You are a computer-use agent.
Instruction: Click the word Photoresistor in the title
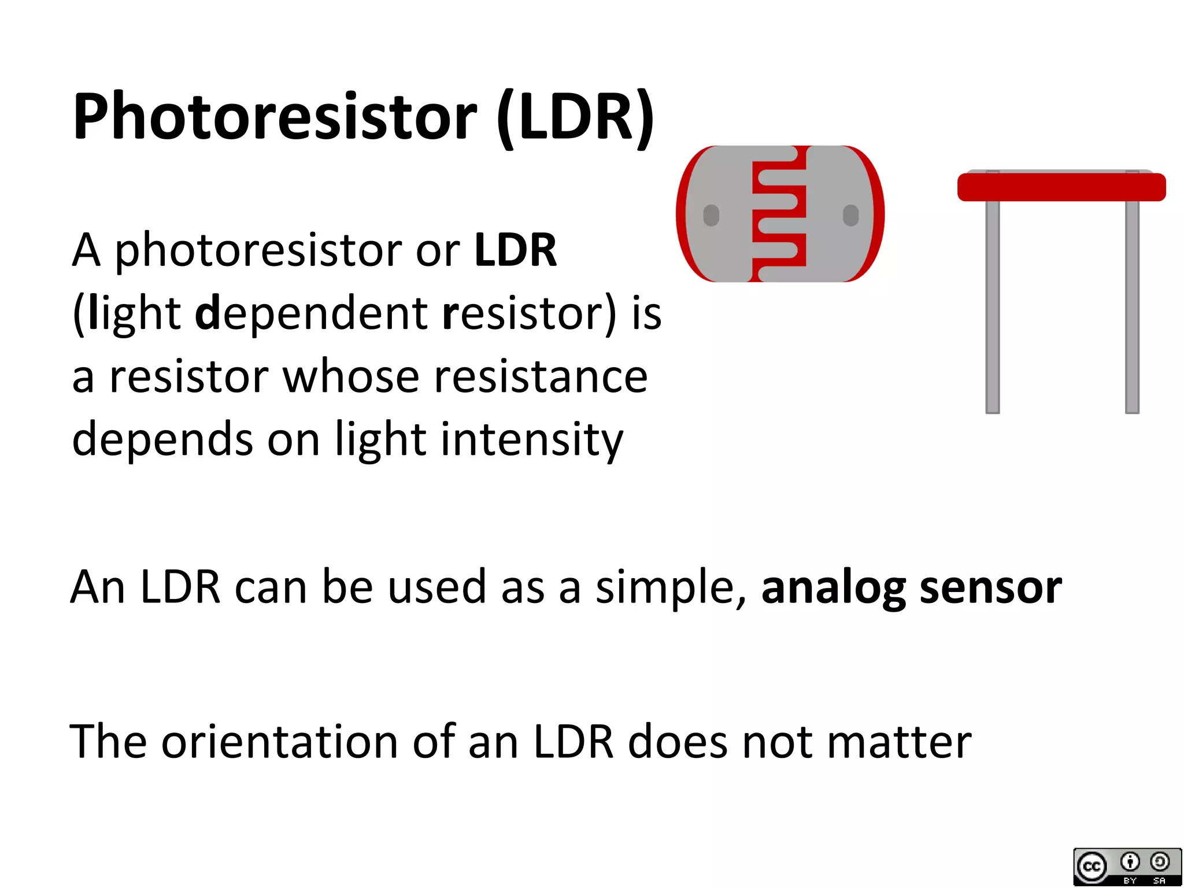(x=275, y=117)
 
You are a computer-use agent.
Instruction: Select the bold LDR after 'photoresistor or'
(x=515, y=250)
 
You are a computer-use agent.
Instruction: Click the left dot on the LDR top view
(x=711, y=215)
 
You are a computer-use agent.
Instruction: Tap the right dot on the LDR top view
(x=850, y=215)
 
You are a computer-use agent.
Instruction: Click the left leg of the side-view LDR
(x=993, y=306)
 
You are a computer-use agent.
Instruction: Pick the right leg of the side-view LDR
(x=1132, y=306)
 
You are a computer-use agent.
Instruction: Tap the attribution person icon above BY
(x=1130, y=862)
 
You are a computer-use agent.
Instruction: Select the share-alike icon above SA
(x=1159, y=862)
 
